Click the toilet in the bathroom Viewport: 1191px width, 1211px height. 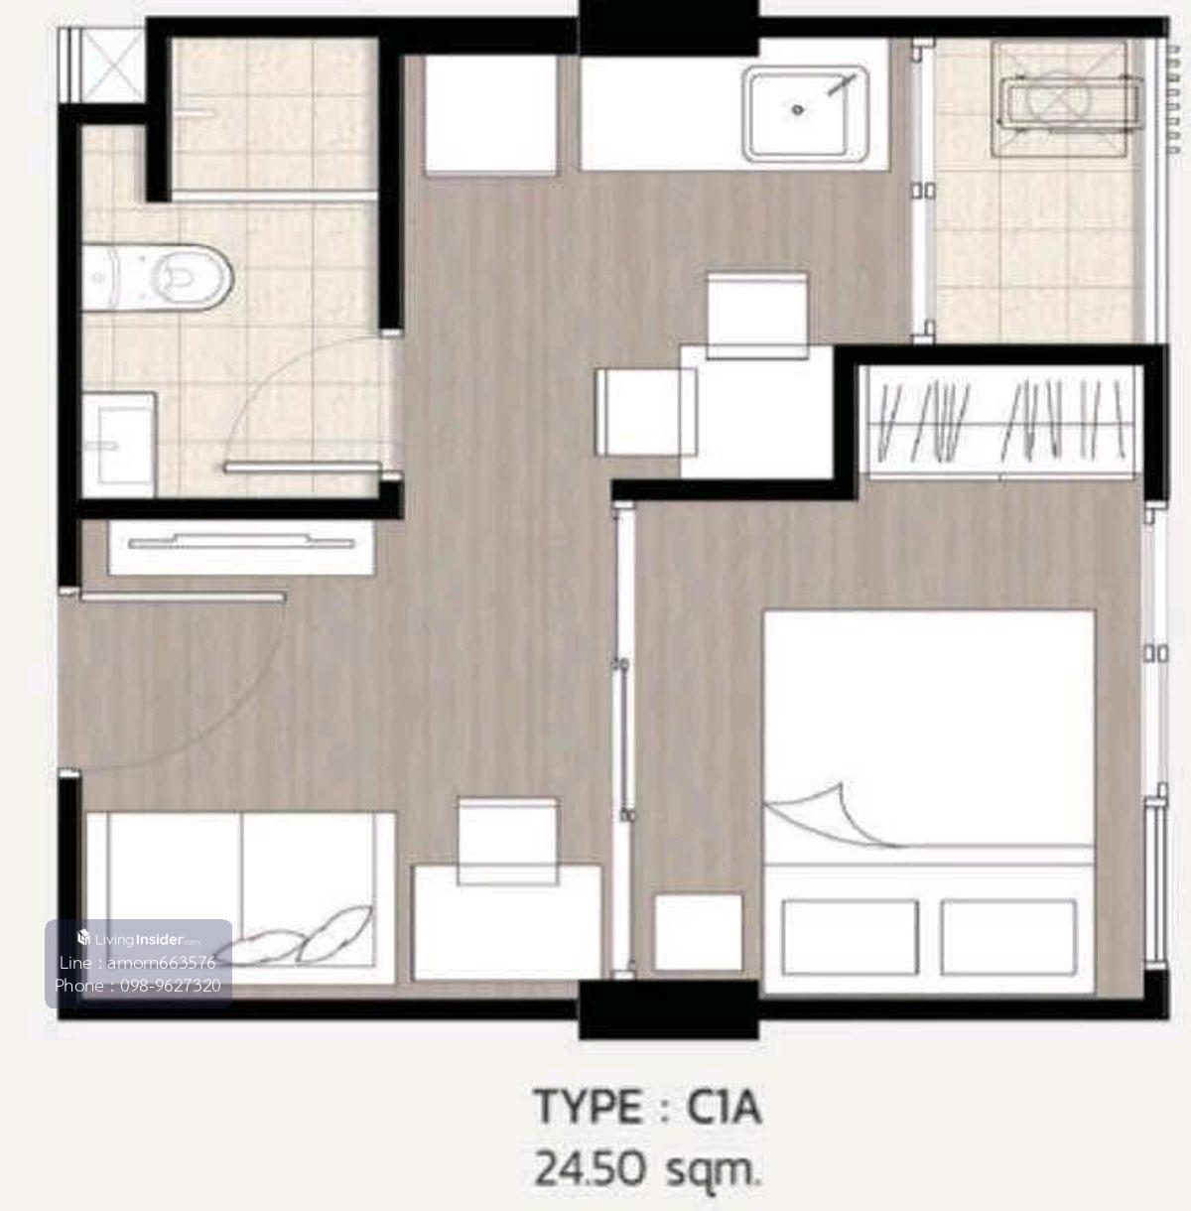[x=157, y=277]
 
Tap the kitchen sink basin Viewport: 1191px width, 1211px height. [x=806, y=113]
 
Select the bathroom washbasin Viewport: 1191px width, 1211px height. [x=119, y=445]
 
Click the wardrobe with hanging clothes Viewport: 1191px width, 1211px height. [x=1001, y=421]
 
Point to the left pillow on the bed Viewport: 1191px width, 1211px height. [x=850, y=937]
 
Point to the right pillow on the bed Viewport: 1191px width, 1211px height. [x=1008, y=937]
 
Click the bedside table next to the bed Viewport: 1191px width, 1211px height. [x=699, y=932]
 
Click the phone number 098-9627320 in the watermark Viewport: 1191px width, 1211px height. [x=171, y=985]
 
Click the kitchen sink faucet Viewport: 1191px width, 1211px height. [x=842, y=84]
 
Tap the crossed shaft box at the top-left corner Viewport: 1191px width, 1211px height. [x=102, y=65]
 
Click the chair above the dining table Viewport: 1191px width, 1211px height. [x=757, y=316]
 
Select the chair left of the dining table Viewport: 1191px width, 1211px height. [x=645, y=412]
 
